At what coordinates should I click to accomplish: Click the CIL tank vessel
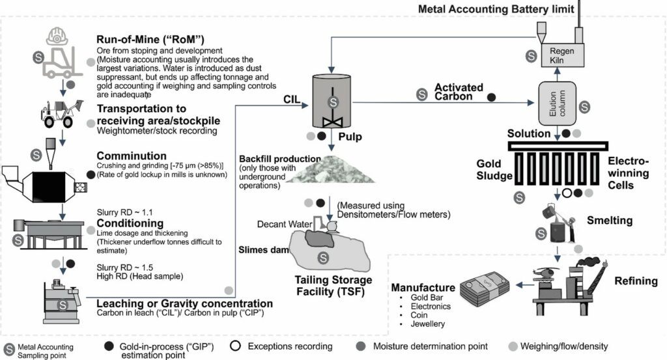pyautogui.click(x=333, y=100)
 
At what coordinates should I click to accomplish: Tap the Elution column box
pyautogui.click(x=557, y=104)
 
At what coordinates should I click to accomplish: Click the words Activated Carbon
pyautogui.click(x=459, y=92)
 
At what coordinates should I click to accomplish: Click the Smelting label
pyautogui.click(x=609, y=221)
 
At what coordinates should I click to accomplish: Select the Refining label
pyautogui.click(x=636, y=281)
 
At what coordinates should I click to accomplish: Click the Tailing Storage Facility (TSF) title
pyautogui.click(x=324, y=286)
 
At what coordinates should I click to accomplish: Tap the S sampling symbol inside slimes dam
pyautogui.click(x=321, y=258)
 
